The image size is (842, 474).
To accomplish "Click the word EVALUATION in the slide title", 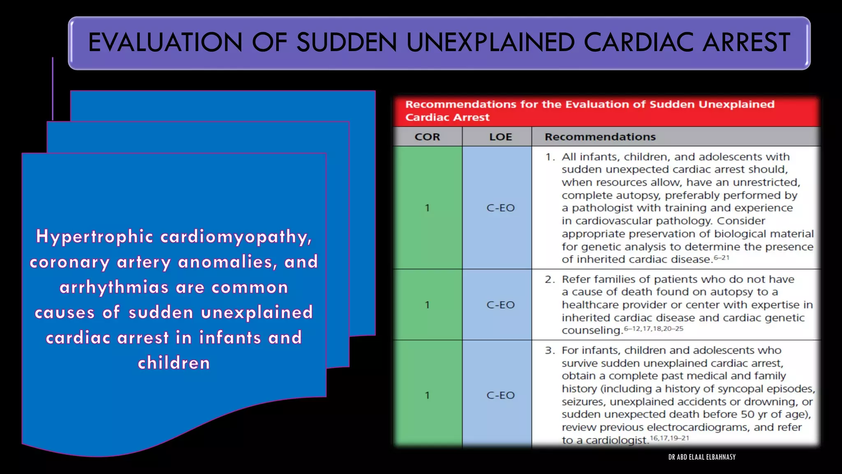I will click(x=165, y=42).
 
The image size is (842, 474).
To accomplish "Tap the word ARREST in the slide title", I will click(x=746, y=42).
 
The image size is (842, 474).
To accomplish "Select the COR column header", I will click(x=427, y=137).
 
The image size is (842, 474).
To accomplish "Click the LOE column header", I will click(x=500, y=137).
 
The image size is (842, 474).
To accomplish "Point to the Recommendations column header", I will click(x=600, y=137).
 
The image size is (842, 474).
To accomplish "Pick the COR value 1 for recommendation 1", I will click(x=427, y=208).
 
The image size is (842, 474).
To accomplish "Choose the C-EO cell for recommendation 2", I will click(x=500, y=305).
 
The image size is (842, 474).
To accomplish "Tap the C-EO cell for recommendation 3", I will click(x=500, y=395).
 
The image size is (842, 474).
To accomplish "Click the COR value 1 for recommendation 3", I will click(x=427, y=395).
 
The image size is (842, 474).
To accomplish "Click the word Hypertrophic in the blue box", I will click(x=95, y=237).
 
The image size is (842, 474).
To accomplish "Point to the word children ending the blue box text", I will click(x=174, y=363).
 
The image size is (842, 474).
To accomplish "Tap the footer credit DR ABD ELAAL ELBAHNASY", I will click(x=702, y=457).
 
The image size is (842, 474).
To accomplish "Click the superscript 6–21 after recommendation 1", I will click(x=722, y=258).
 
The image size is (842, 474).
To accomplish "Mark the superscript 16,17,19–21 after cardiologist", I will click(x=669, y=438).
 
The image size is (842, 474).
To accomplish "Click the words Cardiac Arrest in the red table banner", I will click(x=447, y=117).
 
